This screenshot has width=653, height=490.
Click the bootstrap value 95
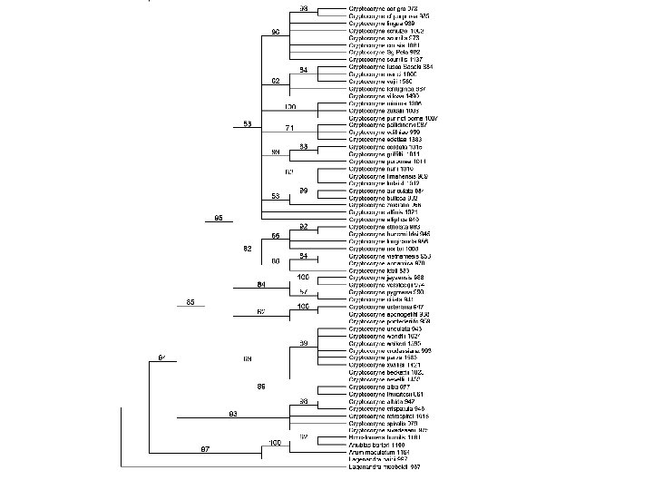pyautogui.click(x=219, y=219)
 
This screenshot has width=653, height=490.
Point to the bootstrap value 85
pyautogui.click(x=190, y=301)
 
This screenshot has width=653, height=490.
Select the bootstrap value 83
pyautogui.click(x=232, y=414)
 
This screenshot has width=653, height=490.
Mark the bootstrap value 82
pyautogui.click(x=247, y=248)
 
